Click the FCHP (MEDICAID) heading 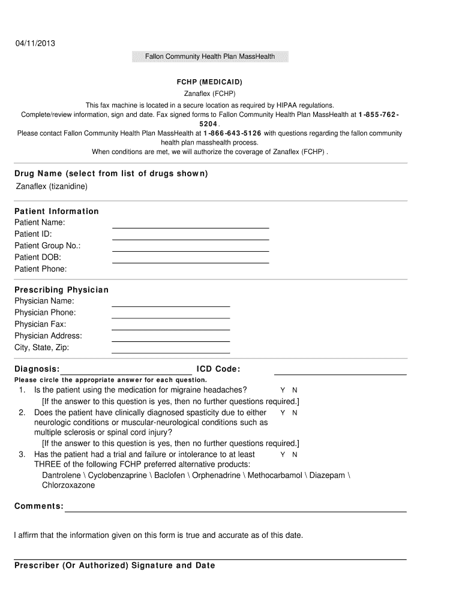pos(209,82)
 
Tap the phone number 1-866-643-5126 pos(232,133)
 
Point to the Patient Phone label pos(41,269)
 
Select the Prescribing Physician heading pos(62,290)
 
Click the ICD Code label pos(218,369)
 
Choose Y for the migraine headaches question pos(283,390)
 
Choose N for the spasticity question pos(295,413)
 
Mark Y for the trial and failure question pos(283,455)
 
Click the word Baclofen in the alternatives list pos(170,475)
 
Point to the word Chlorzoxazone pos(68,486)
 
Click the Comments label pos(39,507)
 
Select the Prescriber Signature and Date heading pos(115,565)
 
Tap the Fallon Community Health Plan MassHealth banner pos(210,57)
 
